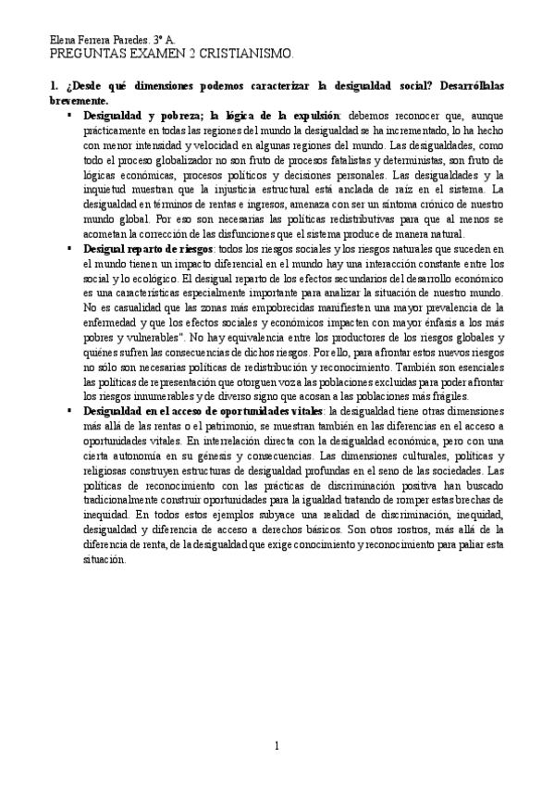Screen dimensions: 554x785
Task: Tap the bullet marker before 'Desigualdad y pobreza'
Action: click(70, 116)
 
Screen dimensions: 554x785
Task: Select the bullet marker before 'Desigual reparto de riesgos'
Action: click(70, 249)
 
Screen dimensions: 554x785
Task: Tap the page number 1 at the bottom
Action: click(277, 746)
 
